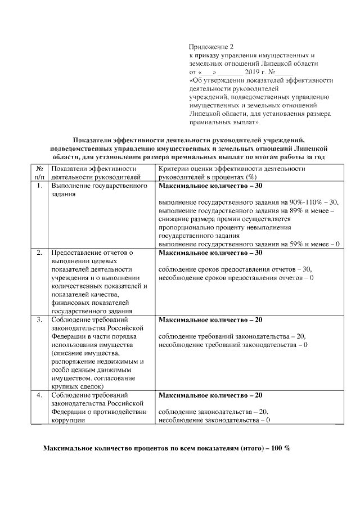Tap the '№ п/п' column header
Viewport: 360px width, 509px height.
(x=39, y=172)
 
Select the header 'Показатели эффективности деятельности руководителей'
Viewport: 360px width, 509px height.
(x=94, y=172)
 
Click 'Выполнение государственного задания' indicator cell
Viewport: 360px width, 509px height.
(x=99, y=189)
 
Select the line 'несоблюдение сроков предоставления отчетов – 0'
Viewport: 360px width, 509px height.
(x=236, y=278)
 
